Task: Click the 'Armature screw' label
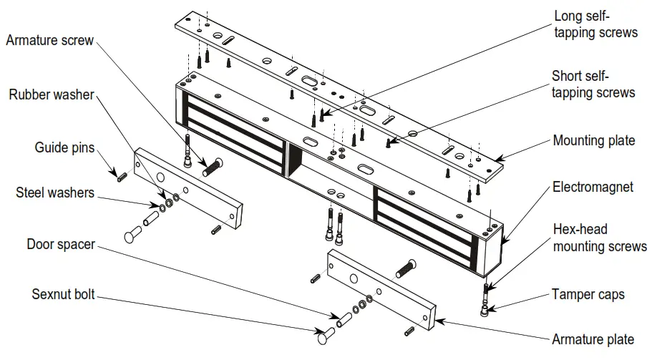(49, 41)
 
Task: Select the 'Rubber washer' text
(52, 95)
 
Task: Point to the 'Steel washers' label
(56, 193)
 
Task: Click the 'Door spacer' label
(61, 244)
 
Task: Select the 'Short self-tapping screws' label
(593, 84)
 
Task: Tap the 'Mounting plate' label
(593, 140)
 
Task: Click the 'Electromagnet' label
(593, 187)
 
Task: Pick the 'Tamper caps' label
(588, 293)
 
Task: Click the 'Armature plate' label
(592, 339)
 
